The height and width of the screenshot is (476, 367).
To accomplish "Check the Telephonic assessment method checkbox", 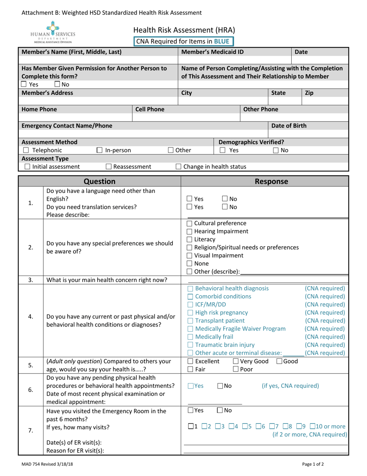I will pyautogui.click(x=25, y=151).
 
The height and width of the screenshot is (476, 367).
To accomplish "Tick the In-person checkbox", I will pyautogui.click(x=100, y=151).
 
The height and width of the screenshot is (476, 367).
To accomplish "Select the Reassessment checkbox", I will pyautogui.click(x=109, y=167).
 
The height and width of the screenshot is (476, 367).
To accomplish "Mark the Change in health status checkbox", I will pyautogui.click(x=178, y=167).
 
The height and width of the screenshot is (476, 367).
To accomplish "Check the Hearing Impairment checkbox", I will pyautogui.click(x=190, y=231).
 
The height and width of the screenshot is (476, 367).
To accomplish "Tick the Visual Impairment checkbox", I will pyautogui.click(x=190, y=255).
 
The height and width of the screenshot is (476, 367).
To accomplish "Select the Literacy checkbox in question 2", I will pyautogui.click(x=190, y=240).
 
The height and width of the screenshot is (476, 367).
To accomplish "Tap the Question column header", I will pyautogui.click(x=99, y=181).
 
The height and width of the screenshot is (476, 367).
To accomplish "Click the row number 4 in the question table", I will pyautogui.click(x=31, y=317).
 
